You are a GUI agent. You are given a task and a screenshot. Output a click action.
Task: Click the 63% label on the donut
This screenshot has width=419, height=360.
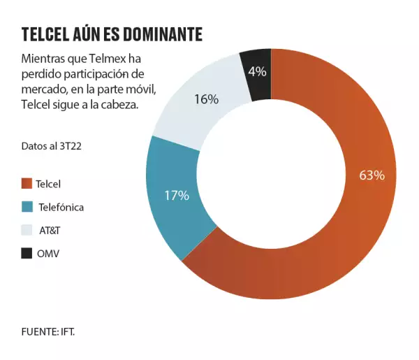click(372, 175)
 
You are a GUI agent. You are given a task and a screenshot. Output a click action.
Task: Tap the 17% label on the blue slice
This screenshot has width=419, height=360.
click(177, 196)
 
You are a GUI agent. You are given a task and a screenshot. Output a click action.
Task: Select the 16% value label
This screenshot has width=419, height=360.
click(206, 99)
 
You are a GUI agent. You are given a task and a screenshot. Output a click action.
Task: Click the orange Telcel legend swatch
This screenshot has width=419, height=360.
click(27, 184)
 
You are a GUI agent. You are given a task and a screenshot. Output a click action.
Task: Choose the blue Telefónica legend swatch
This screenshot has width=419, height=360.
click(27, 207)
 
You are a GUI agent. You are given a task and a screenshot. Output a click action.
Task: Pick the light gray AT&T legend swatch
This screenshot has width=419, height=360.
click(27, 230)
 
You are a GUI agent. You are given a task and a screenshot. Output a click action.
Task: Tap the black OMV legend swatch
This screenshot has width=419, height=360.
click(27, 253)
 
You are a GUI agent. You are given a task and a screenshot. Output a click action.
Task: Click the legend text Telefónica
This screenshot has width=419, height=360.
click(59, 207)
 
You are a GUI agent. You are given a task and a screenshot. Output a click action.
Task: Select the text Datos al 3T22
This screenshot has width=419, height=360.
click(47, 145)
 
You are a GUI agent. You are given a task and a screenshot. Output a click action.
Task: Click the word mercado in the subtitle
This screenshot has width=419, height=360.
click(43, 89)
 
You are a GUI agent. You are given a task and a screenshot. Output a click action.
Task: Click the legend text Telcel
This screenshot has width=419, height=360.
click(48, 184)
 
